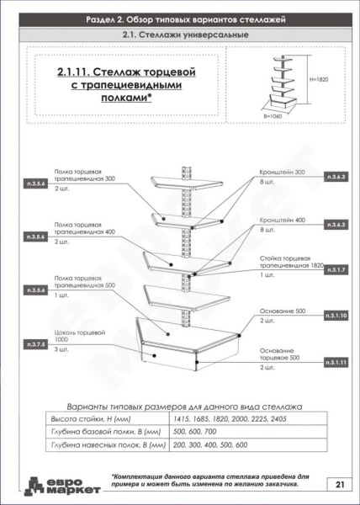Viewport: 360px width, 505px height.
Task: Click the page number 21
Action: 338,484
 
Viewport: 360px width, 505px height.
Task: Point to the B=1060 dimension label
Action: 274,117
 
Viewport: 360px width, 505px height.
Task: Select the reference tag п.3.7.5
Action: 35,345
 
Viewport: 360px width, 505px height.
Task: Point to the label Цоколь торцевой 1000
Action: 79,337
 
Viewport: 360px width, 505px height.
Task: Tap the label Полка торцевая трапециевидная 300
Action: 85,174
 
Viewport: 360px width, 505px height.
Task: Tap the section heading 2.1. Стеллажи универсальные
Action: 180,35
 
